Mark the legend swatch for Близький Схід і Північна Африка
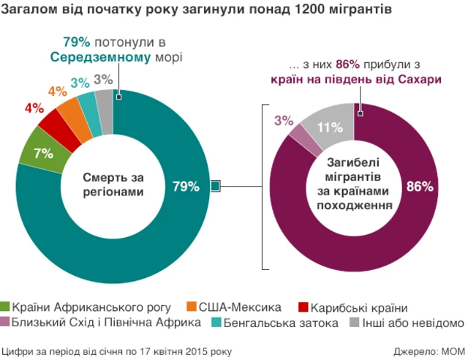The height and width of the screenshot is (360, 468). (x=7, y=323)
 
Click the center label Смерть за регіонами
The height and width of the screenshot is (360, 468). (x=113, y=184)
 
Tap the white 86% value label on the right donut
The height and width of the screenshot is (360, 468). (x=420, y=187)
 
